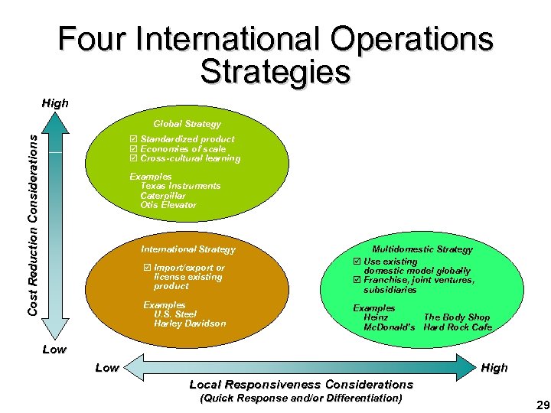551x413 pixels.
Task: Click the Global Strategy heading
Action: [187, 124]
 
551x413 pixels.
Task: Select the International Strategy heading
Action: [188, 249]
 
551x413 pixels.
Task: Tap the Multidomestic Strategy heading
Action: [422, 249]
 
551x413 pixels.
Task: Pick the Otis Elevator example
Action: [168, 205]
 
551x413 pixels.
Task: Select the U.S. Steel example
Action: [175, 314]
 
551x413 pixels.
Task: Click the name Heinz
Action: [376, 317]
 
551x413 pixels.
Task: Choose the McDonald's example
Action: [389, 327]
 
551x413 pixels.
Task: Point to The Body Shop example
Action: [457, 317]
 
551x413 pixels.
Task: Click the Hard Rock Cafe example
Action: [458, 327]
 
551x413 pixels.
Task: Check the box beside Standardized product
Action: [134, 139]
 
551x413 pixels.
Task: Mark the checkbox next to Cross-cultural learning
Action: [134, 158]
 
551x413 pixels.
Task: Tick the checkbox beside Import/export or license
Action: [147, 268]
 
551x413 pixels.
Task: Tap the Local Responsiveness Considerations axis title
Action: [301, 384]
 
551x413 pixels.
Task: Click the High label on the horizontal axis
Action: [494, 368]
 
